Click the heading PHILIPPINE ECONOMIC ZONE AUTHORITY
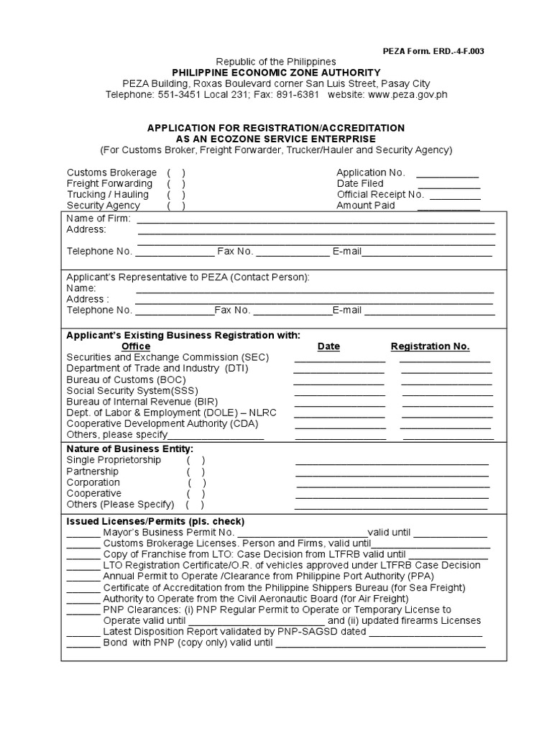pyautogui.click(x=276, y=73)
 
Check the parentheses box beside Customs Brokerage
pyautogui.click(x=176, y=172)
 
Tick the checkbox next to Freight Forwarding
pyautogui.click(x=176, y=183)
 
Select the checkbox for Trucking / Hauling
pyautogui.click(x=176, y=194)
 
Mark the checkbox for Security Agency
pyautogui.click(x=176, y=206)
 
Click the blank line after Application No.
pyautogui.click(x=447, y=175)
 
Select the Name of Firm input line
pyautogui.click(x=315, y=221)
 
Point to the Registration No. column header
pyautogui.click(x=430, y=346)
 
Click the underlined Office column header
pyautogui.click(x=136, y=346)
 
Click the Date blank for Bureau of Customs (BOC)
pyautogui.click(x=339, y=382)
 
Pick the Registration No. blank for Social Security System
pyautogui.click(x=446, y=392)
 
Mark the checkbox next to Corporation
pyautogui.click(x=196, y=482)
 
